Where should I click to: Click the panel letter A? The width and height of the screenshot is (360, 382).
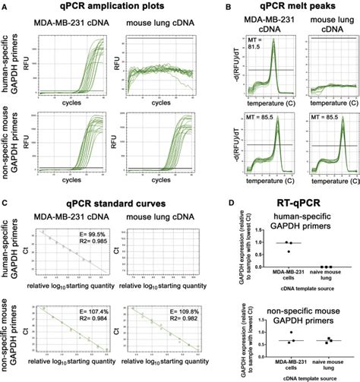[x=6, y=6]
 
